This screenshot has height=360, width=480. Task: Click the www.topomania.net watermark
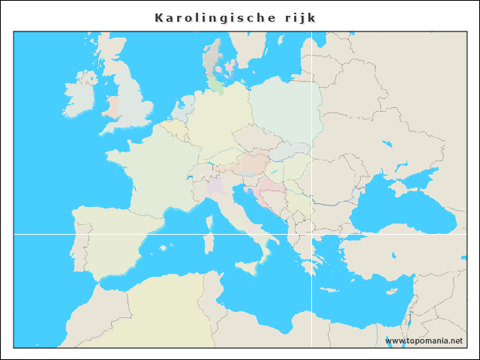(424, 340)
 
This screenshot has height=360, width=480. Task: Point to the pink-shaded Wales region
(112, 106)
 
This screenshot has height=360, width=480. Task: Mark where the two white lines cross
(311, 234)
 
